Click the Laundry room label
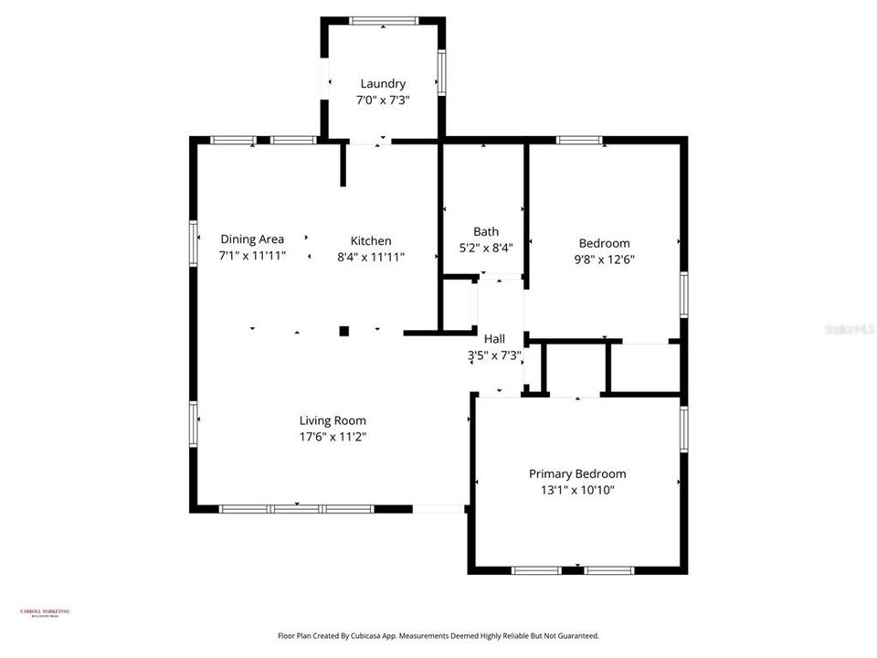pyautogui.click(x=382, y=84)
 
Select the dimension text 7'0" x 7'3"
pyautogui.click(x=382, y=101)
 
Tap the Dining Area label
pyautogui.click(x=252, y=239)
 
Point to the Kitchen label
pyautogui.click(x=371, y=241)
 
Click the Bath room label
pyautogui.click(x=485, y=231)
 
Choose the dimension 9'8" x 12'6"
pyautogui.click(x=604, y=260)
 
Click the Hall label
pyautogui.click(x=494, y=339)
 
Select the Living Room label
pyautogui.click(x=333, y=421)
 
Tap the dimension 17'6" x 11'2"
pyautogui.click(x=333, y=437)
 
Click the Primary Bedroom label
pyautogui.click(x=577, y=474)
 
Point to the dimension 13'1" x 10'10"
pyautogui.click(x=577, y=490)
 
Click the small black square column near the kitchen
pyautogui.click(x=344, y=331)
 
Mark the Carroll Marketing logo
pyautogui.click(x=45, y=613)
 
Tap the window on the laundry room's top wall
pyautogui.click(x=384, y=21)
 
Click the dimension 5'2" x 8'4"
pyautogui.click(x=485, y=247)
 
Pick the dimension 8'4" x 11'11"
pyautogui.click(x=371, y=257)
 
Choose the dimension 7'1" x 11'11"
pyautogui.click(x=252, y=256)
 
